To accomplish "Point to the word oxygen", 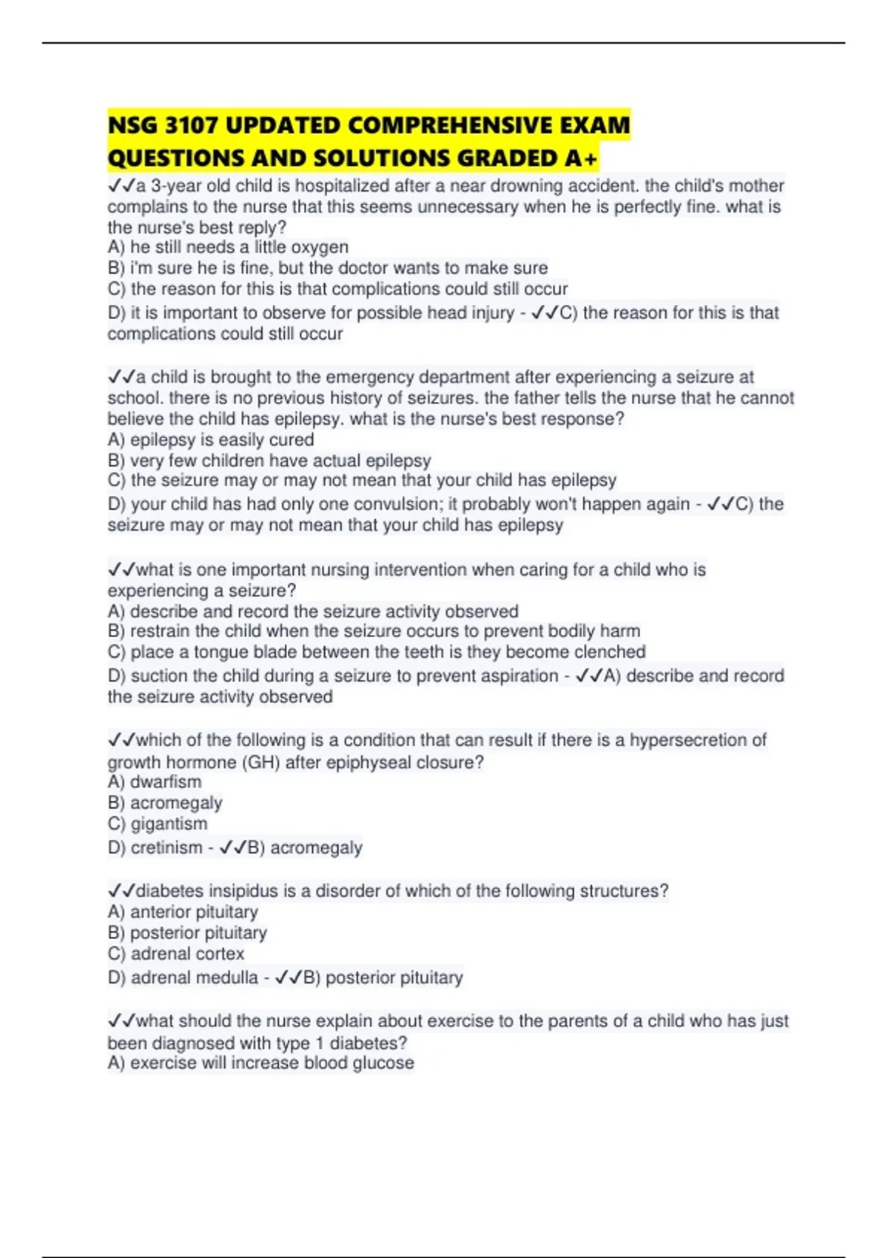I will pyautogui.click(x=321, y=247).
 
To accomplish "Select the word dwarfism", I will pyautogui.click(x=165, y=782).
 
